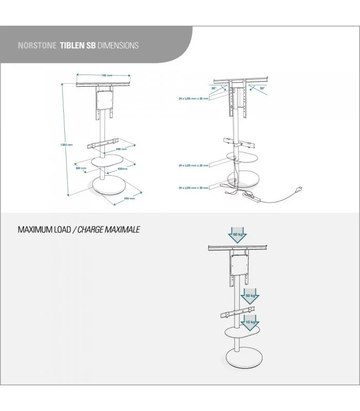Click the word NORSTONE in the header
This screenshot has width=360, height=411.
(x=37, y=45)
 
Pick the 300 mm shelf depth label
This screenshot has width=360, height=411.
(x=80, y=168)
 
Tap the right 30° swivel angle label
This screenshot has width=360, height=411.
(x=262, y=88)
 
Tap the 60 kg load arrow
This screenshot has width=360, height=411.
(x=237, y=235)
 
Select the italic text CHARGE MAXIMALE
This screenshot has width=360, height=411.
(x=108, y=229)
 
